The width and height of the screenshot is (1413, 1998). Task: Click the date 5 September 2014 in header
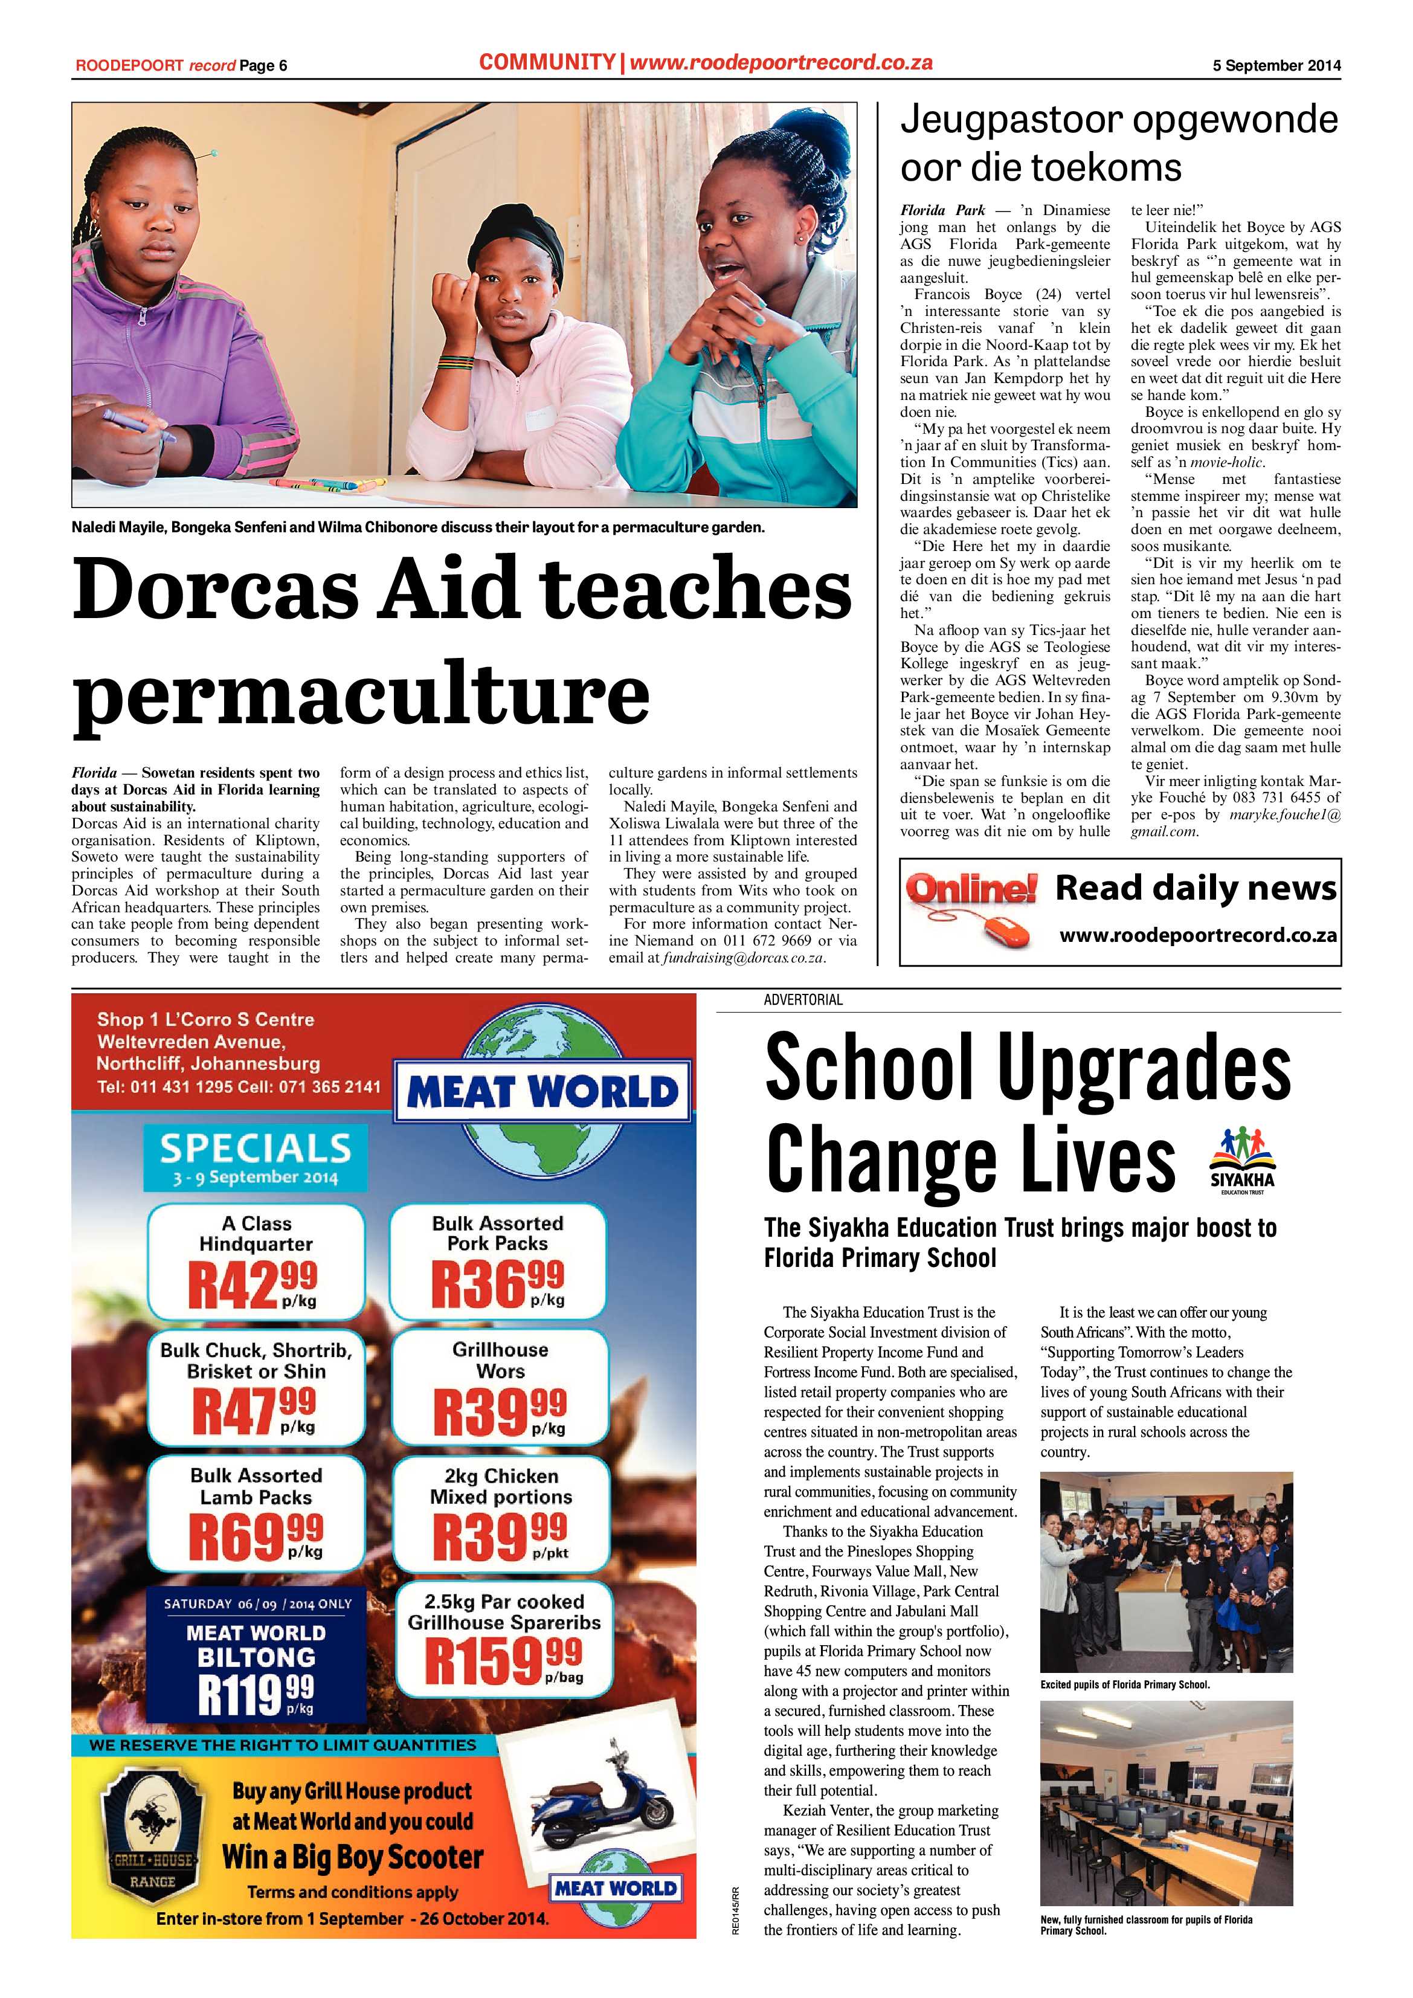[x=1276, y=65]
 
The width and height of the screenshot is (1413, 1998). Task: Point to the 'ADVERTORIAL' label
[x=803, y=1000]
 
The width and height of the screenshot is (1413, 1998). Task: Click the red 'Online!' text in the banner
[x=971, y=889]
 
